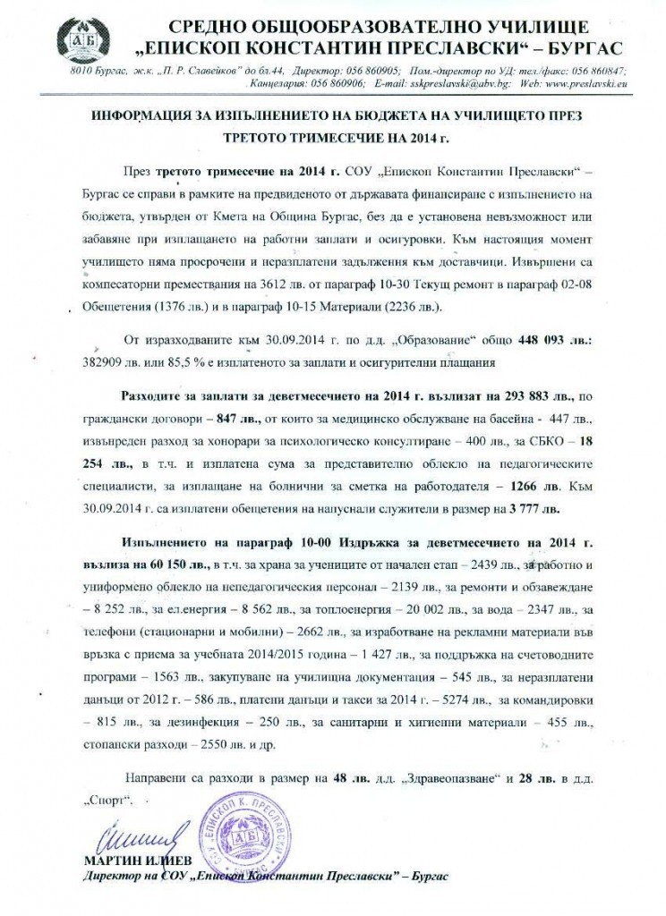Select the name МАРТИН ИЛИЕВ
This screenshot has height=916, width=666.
[x=129, y=861]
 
